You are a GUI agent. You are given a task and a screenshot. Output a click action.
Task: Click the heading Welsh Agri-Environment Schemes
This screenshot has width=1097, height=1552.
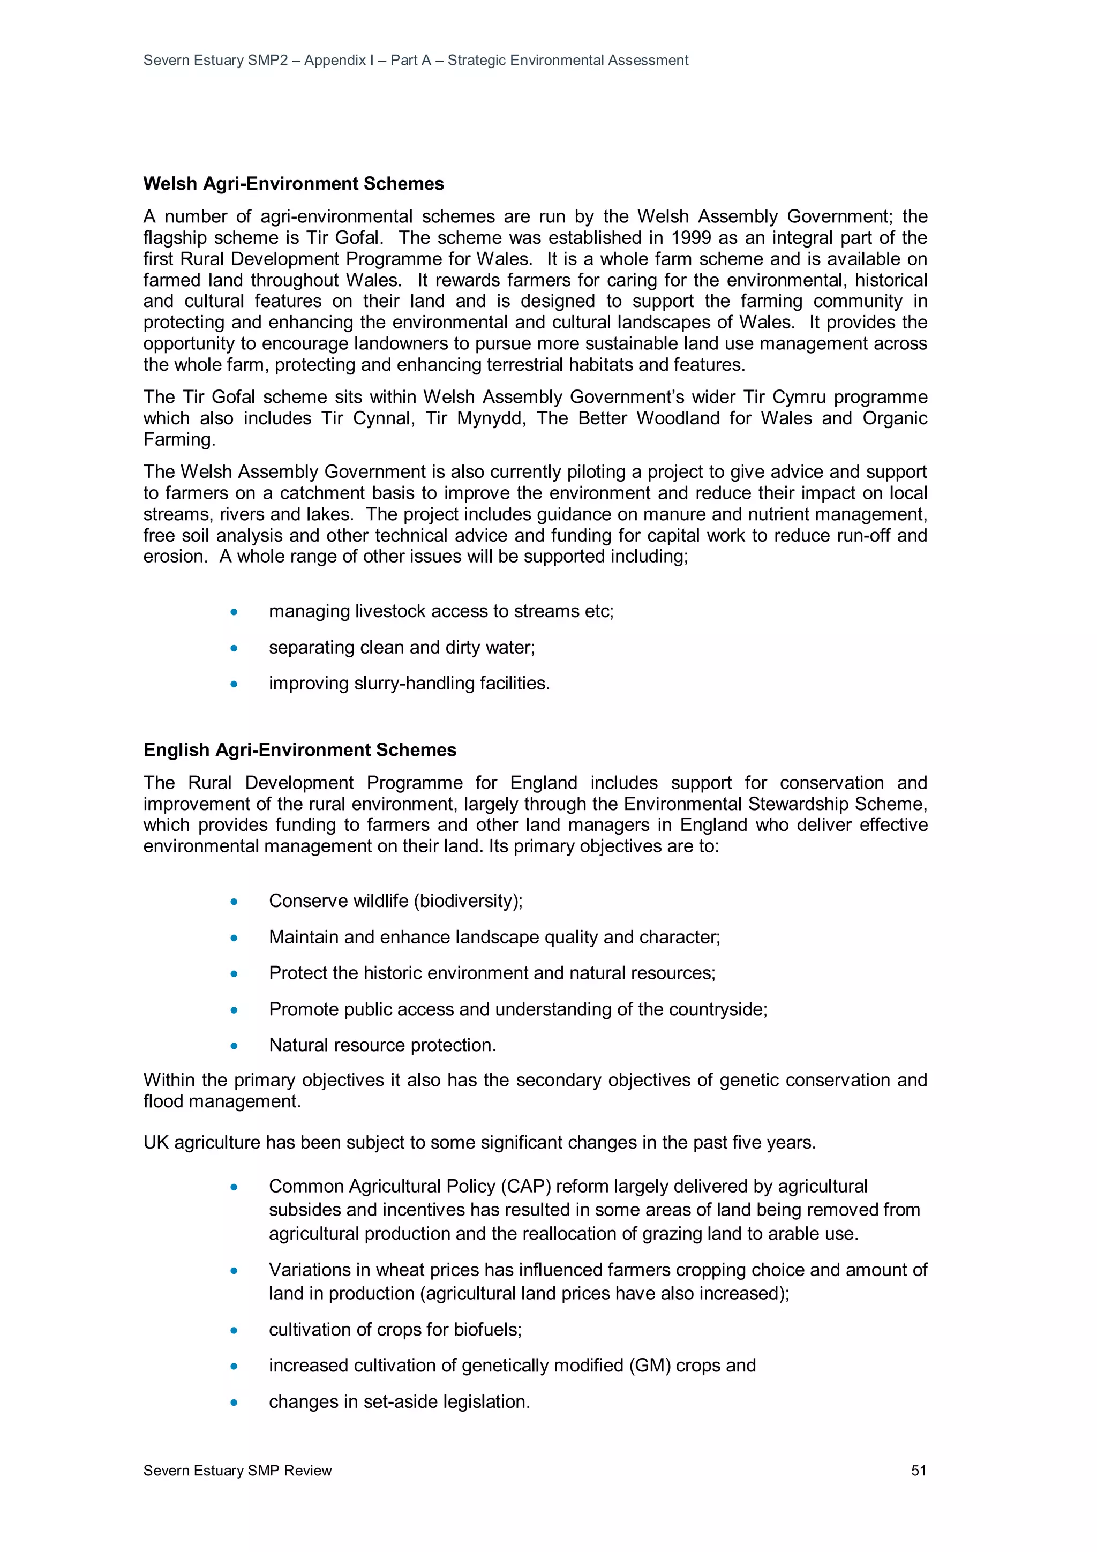click(294, 184)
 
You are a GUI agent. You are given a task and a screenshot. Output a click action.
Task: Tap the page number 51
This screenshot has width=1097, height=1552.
click(919, 1470)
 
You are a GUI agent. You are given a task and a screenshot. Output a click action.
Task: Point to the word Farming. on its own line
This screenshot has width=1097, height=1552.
click(179, 439)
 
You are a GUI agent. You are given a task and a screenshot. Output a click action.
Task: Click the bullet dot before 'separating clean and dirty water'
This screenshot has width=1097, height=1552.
click(234, 648)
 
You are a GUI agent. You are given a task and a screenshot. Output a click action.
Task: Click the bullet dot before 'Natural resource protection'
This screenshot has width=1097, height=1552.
click(234, 1046)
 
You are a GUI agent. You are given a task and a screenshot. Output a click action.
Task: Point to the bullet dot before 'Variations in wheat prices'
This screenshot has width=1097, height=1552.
click(234, 1270)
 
